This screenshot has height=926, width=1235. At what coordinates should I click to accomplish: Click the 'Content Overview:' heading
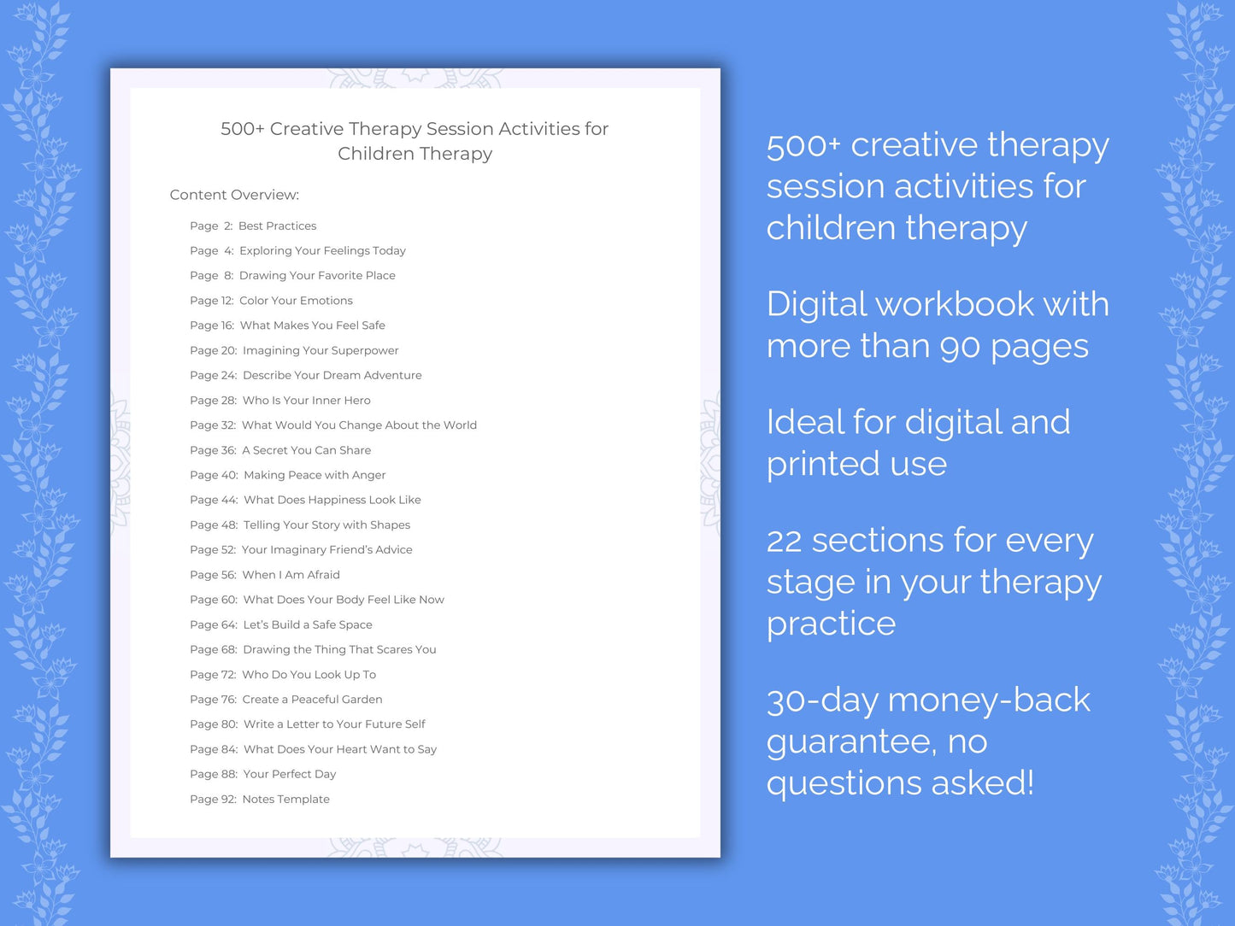click(234, 195)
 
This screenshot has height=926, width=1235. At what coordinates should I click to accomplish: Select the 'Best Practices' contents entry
click(277, 226)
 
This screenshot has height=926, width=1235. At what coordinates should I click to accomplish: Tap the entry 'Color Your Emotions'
click(296, 301)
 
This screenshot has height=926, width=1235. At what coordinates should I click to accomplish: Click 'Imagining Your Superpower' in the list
click(321, 350)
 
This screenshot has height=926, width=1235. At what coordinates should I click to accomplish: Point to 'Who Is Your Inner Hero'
click(306, 400)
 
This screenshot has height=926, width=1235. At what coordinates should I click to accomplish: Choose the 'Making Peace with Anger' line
click(315, 475)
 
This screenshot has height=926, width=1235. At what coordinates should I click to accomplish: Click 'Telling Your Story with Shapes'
click(326, 525)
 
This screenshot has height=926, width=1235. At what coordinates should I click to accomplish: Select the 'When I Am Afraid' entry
click(291, 575)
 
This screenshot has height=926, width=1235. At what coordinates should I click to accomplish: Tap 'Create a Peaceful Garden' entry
click(312, 700)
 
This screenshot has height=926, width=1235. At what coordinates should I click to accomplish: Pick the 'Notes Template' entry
click(285, 800)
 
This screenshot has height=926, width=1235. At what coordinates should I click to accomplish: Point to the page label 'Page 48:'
click(214, 525)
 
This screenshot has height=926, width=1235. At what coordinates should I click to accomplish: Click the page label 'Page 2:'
click(211, 226)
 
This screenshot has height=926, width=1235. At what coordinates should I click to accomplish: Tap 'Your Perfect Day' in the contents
click(289, 774)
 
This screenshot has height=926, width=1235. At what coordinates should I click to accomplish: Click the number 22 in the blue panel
click(784, 541)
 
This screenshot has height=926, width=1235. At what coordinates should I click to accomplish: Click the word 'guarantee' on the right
click(851, 742)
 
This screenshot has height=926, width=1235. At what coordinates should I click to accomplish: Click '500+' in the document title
click(242, 129)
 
